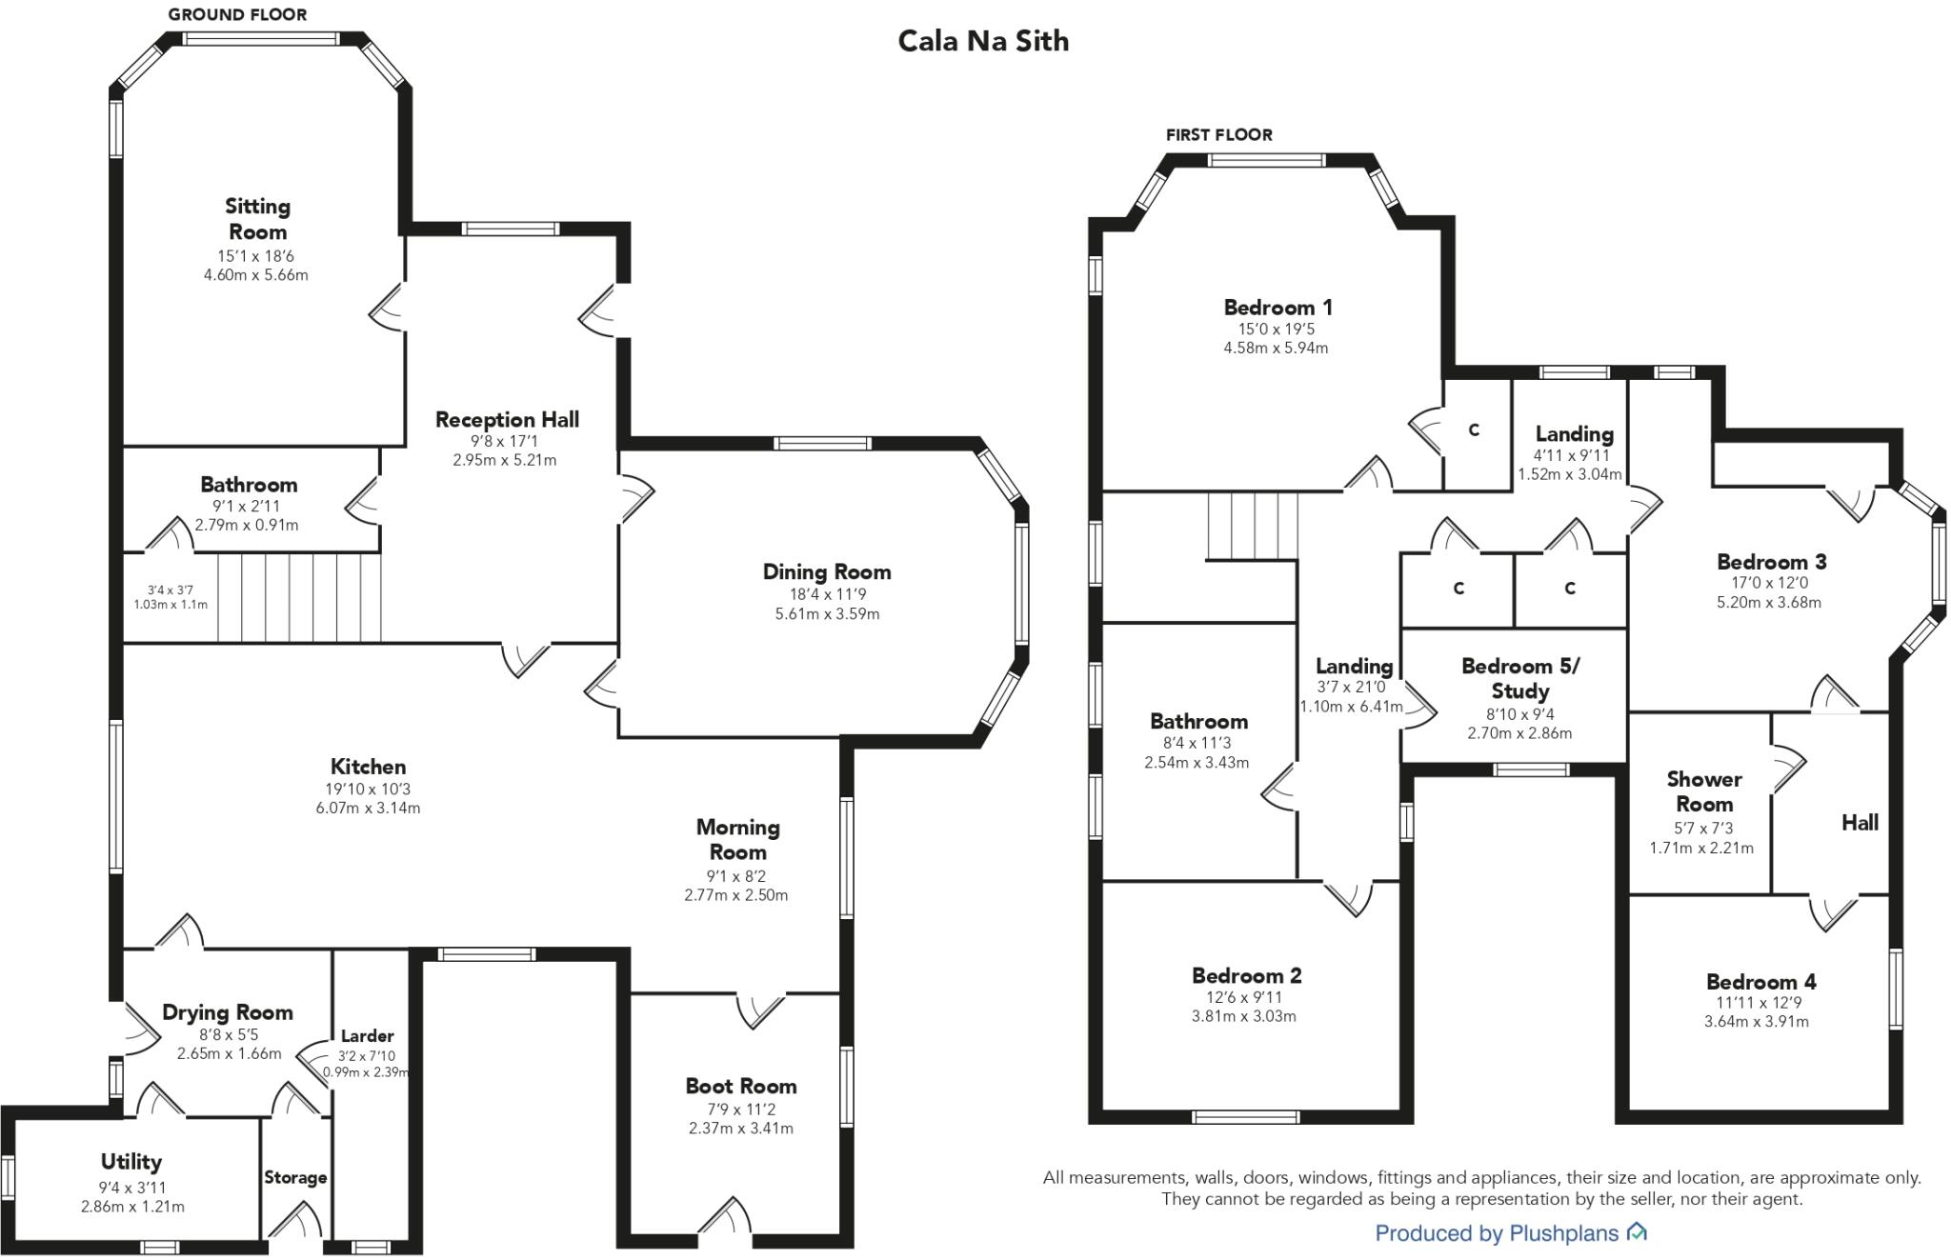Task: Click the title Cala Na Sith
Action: [983, 41]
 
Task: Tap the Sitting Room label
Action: [257, 219]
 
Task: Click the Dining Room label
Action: [827, 571]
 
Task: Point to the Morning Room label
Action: [737, 839]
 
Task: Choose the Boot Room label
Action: [741, 1086]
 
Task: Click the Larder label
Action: [367, 1035]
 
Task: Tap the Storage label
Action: [295, 1177]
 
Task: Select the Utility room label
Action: [131, 1161]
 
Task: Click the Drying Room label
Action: [227, 1011]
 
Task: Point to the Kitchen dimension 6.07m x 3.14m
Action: [368, 808]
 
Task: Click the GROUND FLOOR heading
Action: [237, 14]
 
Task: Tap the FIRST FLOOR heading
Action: [1218, 134]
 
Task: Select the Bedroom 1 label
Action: [1277, 307]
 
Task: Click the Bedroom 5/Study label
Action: [1519, 678]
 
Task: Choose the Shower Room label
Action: [1703, 791]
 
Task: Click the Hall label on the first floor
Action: [1859, 822]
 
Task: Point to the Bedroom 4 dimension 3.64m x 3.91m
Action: [1756, 1022]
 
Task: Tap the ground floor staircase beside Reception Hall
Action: [300, 598]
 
